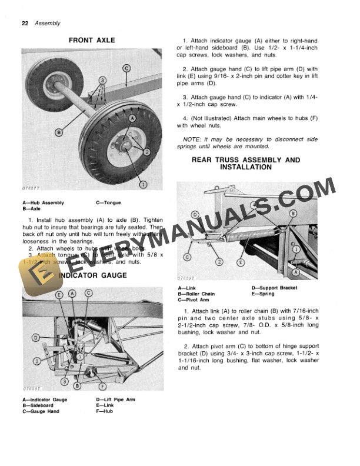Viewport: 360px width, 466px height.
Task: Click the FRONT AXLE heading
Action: point(92,41)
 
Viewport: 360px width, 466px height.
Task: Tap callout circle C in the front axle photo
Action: point(126,68)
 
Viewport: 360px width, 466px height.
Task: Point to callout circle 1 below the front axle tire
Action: point(142,184)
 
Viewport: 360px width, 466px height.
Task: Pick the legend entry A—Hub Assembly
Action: point(43,203)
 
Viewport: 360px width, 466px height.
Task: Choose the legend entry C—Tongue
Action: point(108,203)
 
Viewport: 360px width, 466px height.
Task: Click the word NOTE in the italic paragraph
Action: point(192,139)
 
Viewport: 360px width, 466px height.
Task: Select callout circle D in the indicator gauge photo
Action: point(36,338)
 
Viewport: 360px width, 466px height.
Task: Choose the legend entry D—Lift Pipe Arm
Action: point(115,400)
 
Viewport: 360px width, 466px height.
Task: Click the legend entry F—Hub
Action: point(104,411)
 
